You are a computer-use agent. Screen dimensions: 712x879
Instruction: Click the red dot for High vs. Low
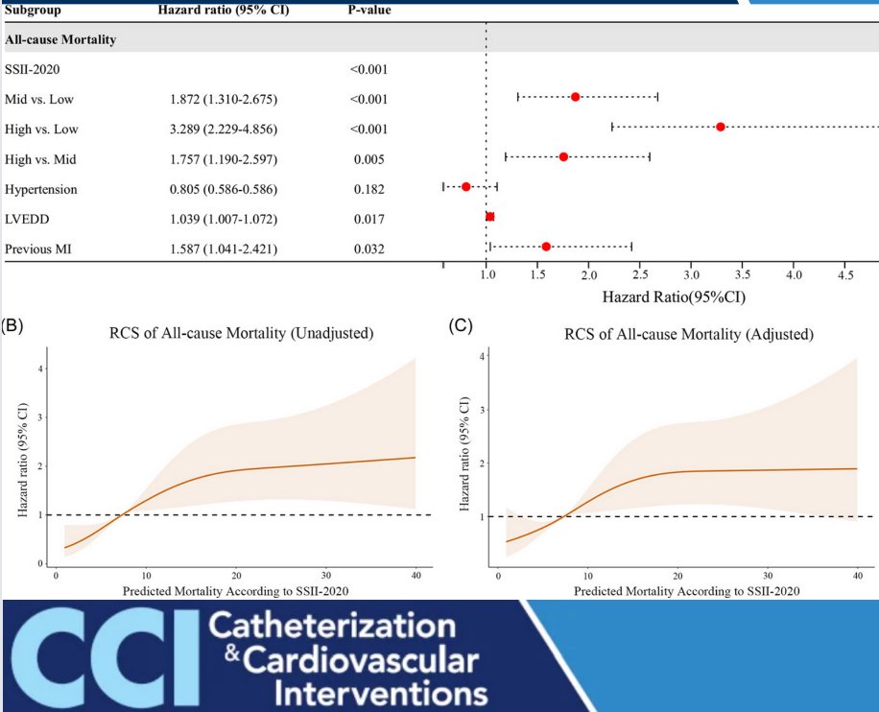[720, 127]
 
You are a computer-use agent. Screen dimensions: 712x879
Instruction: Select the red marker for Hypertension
[466, 186]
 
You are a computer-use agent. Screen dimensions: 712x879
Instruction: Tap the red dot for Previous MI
[546, 247]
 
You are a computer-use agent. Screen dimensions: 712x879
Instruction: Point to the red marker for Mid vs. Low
[575, 97]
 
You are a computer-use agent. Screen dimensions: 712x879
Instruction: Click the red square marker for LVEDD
[490, 217]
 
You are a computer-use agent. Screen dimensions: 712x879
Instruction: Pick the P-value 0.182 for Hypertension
[369, 189]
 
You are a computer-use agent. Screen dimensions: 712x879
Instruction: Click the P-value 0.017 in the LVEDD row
[369, 219]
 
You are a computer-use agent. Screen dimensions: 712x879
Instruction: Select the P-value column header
[368, 11]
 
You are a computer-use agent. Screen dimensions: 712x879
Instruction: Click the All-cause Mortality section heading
[61, 40]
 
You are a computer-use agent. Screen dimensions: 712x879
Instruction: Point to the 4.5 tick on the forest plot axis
[844, 275]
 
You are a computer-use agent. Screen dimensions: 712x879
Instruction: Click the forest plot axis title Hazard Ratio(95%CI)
[674, 297]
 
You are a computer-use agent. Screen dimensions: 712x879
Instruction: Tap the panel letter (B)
[12, 324]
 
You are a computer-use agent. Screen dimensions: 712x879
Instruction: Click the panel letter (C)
[461, 324]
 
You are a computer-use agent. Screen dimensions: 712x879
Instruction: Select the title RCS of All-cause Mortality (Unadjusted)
[242, 334]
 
